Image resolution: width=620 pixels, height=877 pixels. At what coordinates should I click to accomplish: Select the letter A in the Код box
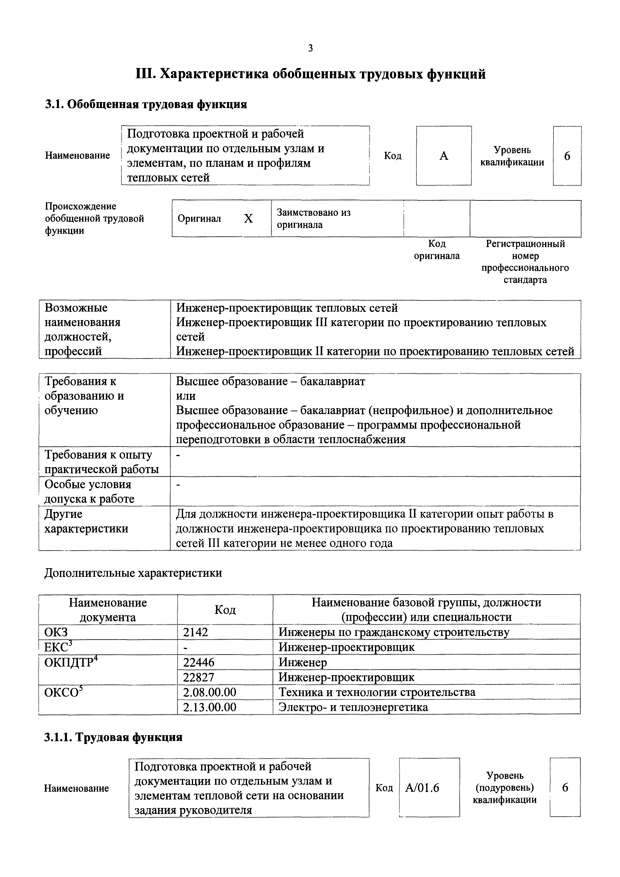pos(444,156)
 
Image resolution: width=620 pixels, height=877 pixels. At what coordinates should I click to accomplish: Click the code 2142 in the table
pos(196,632)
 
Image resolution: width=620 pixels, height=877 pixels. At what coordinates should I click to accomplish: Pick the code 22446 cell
pos(199,662)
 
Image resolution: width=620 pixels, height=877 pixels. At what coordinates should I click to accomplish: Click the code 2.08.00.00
pos(209,692)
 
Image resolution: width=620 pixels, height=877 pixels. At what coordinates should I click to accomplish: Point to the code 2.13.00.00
pos(209,707)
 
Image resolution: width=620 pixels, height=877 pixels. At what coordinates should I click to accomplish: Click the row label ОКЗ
pos(56,632)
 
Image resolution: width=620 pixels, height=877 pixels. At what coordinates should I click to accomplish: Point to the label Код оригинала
pos(437,250)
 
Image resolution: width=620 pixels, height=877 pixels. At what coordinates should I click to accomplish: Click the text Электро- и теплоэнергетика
pos(353,707)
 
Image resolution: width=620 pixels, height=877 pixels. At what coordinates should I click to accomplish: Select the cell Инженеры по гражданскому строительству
pos(394,632)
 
